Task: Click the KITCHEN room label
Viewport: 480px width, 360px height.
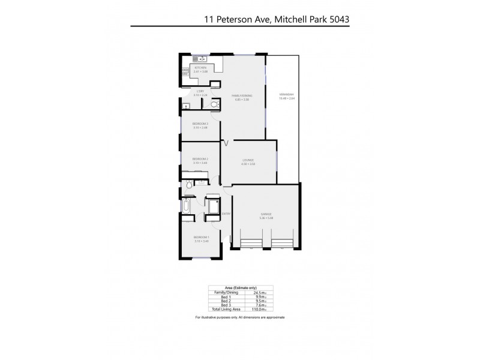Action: (x=200, y=68)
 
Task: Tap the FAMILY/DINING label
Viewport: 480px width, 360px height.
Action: (x=242, y=95)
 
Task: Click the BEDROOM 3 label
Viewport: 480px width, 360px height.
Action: (x=200, y=124)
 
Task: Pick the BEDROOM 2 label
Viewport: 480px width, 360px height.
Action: (x=200, y=158)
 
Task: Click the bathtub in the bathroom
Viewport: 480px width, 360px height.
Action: (x=186, y=208)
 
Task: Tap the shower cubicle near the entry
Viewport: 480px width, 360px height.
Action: (x=212, y=207)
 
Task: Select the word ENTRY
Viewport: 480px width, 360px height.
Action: (x=226, y=214)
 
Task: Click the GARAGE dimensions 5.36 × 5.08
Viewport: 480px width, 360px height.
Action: (x=266, y=217)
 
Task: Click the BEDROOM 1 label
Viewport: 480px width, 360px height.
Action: (x=200, y=238)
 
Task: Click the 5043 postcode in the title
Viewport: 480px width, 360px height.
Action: (x=336, y=19)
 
